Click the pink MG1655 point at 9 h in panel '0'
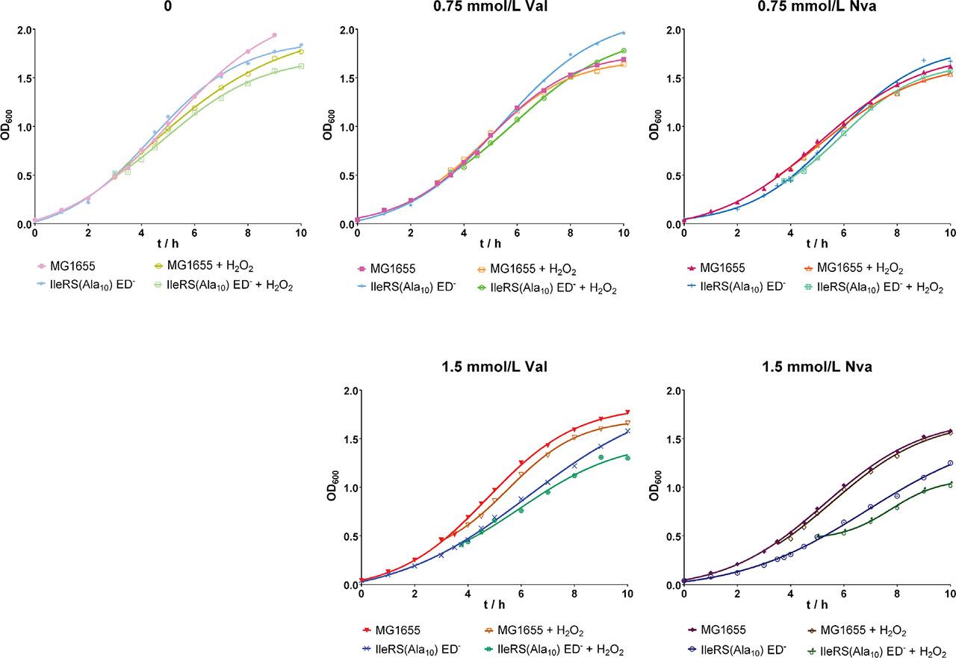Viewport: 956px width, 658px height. (274, 35)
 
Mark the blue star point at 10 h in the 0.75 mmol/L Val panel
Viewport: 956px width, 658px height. (624, 32)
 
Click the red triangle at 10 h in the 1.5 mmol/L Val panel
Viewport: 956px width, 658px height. (627, 413)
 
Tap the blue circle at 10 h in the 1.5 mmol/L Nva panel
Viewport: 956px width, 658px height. (950, 463)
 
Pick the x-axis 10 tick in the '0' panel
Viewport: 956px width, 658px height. (300, 234)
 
